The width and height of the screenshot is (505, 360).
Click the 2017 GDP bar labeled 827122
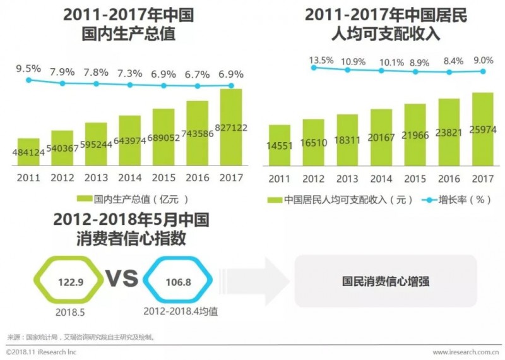tap(231, 126)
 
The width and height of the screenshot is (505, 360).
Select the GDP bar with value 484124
tap(28, 152)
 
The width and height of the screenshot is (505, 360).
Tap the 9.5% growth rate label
tap(28, 68)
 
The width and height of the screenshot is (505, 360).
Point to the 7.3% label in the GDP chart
tap(129, 73)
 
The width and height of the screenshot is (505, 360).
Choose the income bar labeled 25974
tap(482, 129)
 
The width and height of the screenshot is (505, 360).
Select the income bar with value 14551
tap(279, 145)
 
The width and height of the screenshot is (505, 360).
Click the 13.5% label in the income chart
tap(321, 61)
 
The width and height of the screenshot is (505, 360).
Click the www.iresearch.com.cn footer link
tap(466, 352)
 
